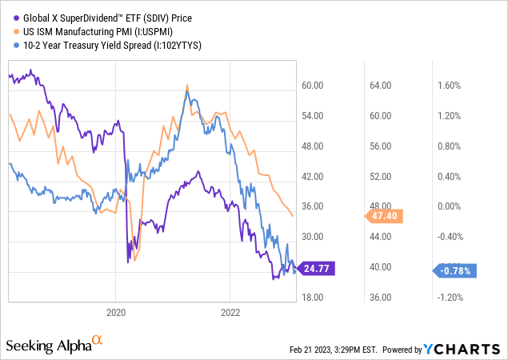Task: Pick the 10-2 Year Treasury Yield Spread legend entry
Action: (x=104, y=46)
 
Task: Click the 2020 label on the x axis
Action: (x=116, y=313)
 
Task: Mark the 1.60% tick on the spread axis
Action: (x=450, y=86)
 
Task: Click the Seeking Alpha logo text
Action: (x=48, y=345)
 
